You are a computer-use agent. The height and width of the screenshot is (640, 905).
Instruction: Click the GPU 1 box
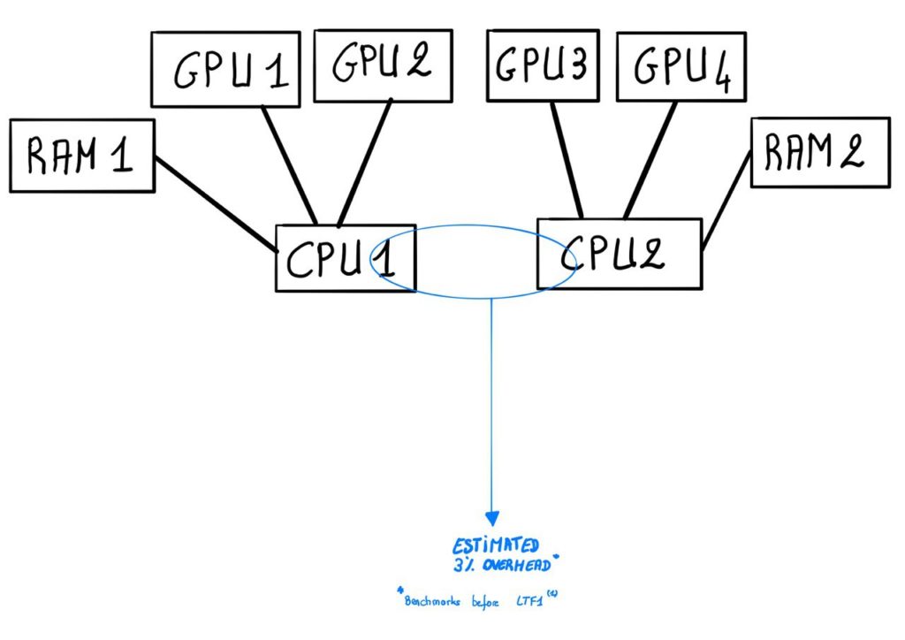click(225, 70)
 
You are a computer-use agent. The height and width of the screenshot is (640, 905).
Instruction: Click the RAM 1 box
click(82, 156)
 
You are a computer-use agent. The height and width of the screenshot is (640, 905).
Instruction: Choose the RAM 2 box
click(819, 152)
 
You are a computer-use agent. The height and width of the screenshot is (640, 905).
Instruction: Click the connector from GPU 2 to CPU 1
click(364, 163)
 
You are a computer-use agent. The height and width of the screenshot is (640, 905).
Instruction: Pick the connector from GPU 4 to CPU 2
click(650, 159)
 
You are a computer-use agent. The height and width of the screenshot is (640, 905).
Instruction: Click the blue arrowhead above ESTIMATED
click(491, 519)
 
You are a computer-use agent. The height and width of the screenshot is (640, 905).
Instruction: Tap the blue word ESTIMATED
click(495, 547)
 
